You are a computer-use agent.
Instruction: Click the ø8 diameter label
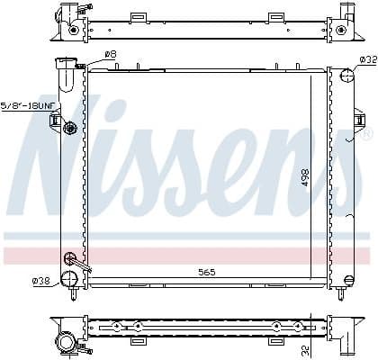click(x=111, y=55)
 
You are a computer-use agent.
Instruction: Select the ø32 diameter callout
click(x=367, y=60)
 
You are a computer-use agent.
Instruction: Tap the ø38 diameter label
click(x=40, y=281)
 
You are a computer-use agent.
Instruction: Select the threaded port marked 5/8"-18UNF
click(x=69, y=128)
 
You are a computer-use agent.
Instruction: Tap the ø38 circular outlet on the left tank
click(x=67, y=279)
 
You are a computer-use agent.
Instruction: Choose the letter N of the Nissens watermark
click(x=63, y=166)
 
